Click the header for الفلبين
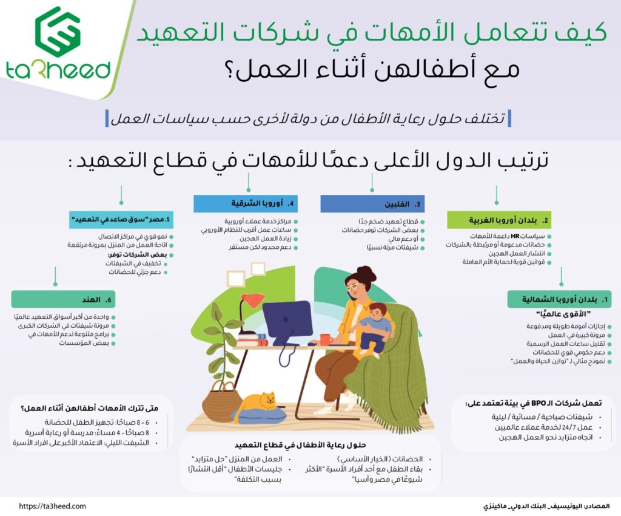click(372, 204)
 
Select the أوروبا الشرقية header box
click(246, 203)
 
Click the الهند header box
click(55, 299)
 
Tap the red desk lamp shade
click(252, 299)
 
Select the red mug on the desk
click(326, 339)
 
